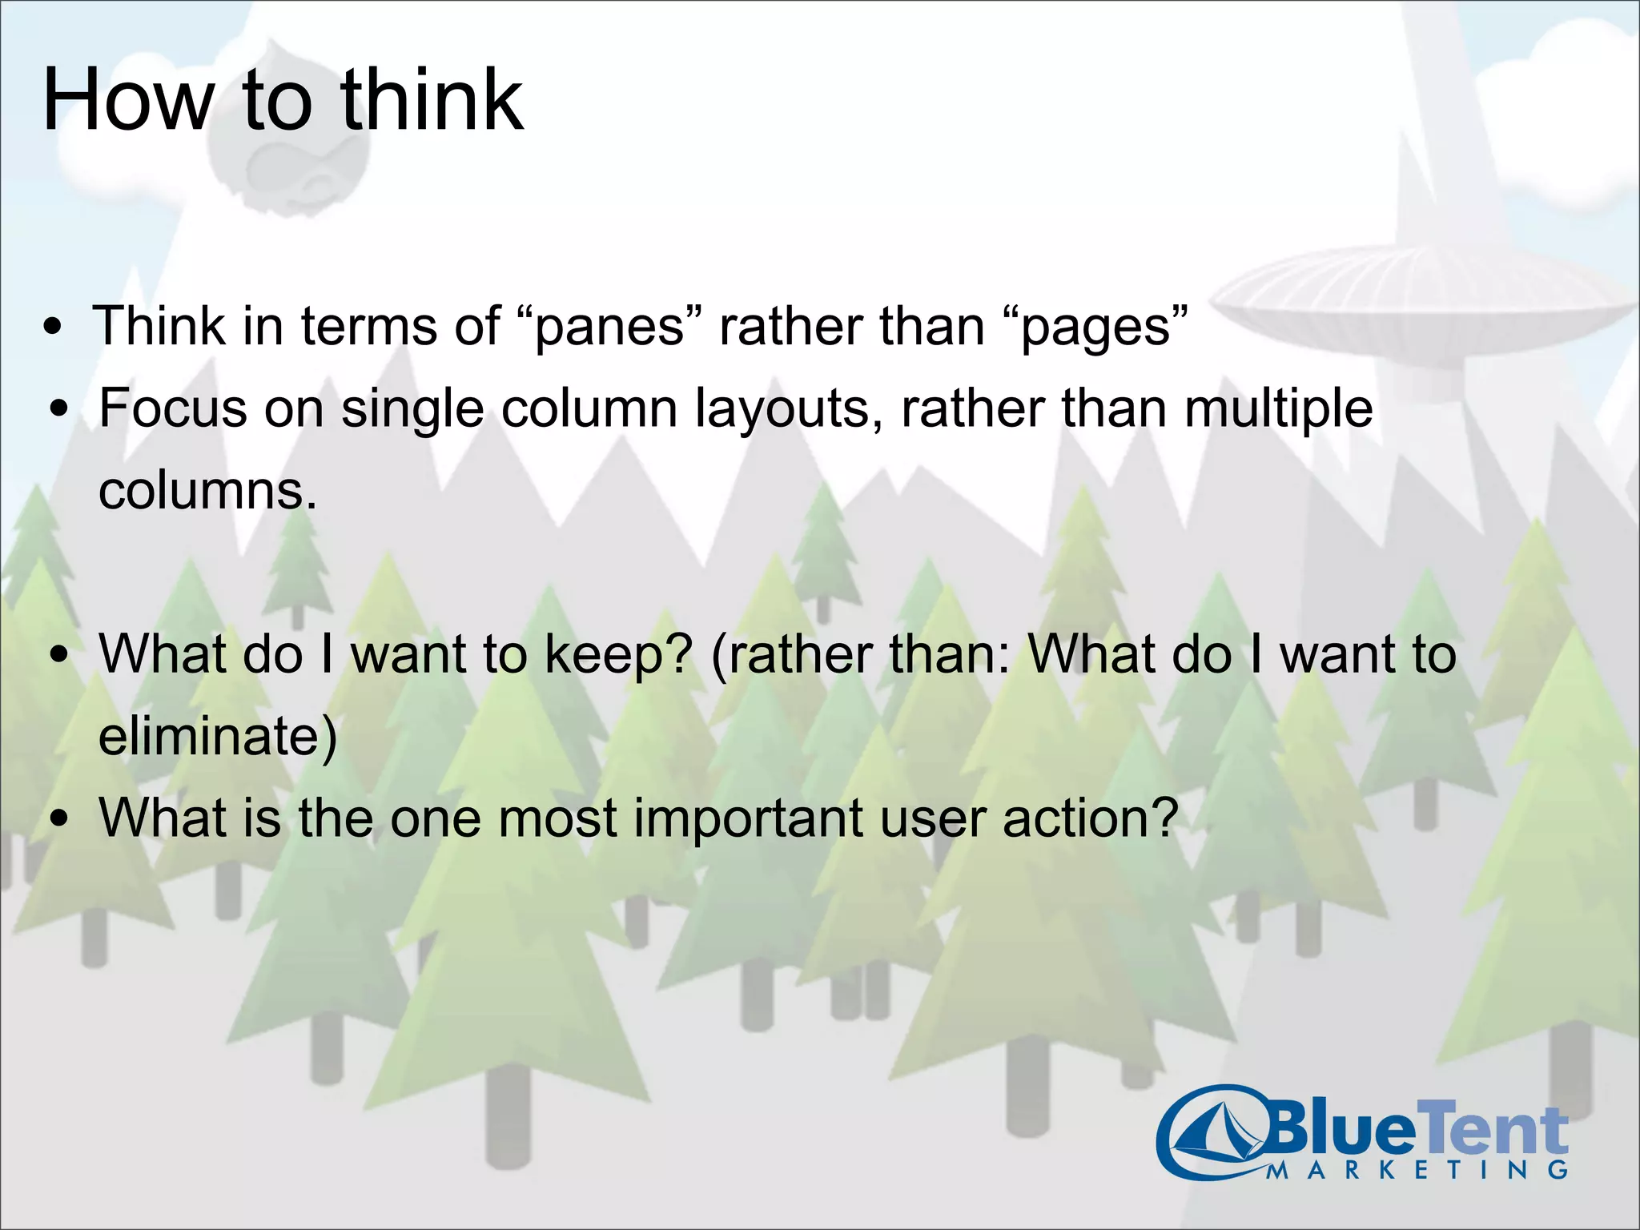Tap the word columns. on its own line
(x=207, y=491)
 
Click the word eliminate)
(x=217, y=736)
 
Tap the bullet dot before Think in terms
(x=53, y=328)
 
